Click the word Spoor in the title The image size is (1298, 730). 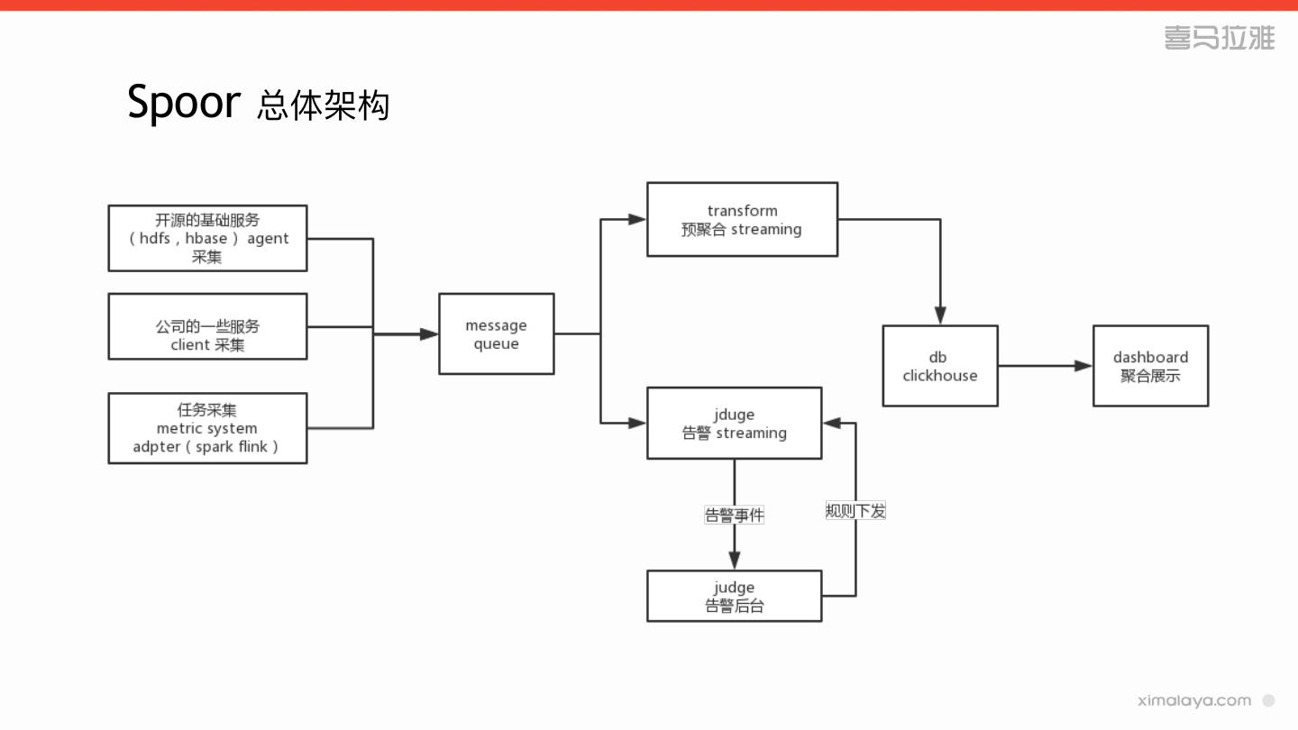tap(184, 102)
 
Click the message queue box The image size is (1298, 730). tap(496, 334)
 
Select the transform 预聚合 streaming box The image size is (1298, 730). tap(742, 220)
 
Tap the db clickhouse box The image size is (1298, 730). tap(939, 366)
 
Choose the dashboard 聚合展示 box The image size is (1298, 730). tap(1150, 366)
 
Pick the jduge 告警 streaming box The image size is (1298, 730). tap(734, 424)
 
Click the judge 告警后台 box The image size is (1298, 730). tap(734, 597)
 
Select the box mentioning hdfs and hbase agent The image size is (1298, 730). tap(207, 238)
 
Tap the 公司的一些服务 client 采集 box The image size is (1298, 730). tap(207, 326)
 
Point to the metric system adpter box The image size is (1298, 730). tap(207, 428)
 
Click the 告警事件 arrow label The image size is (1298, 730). tap(734, 516)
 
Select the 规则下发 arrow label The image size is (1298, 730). tap(855, 511)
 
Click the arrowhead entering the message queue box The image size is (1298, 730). tap(429, 334)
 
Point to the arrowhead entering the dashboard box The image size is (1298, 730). tap(1083, 366)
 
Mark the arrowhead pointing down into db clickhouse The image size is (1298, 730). tap(940, 315)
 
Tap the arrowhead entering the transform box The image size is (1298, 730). tap(637, 219)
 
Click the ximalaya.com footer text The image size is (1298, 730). tap(1194, 700)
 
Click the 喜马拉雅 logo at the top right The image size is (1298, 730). tap(1219, 38)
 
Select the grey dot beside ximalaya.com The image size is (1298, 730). tap(1268, 700)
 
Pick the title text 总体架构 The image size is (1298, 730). tap(323, 105)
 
